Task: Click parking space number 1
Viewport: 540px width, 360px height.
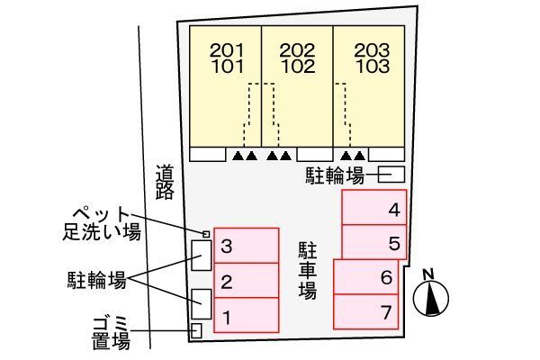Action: pos(246,316)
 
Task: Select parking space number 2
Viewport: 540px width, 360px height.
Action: pos(246,281)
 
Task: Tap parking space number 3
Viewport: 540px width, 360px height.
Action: pos(246,246)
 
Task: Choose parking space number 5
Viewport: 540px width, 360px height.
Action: pos(373,242)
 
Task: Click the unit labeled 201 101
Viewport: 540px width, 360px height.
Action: pos(225,85)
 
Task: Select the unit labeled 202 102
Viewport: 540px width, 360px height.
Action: pos(297,85)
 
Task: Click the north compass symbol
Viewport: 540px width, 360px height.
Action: pos(431,294)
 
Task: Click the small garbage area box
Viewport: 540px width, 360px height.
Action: pos(197,330)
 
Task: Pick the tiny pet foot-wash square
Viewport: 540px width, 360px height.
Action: pos(205,234)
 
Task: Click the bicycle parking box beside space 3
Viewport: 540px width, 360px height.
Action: pos(201,256)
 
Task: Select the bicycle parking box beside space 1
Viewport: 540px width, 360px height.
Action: pos(201,303)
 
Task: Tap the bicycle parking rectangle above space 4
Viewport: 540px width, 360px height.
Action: pos(392,175)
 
